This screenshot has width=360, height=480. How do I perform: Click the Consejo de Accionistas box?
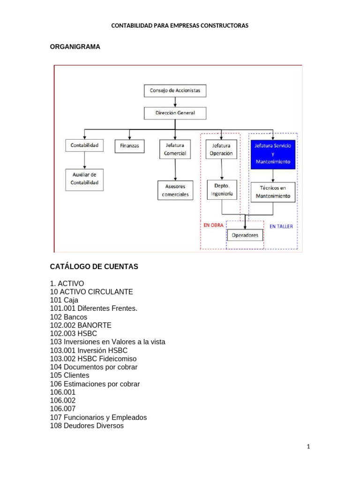coord(174,90)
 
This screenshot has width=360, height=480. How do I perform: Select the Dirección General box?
coord(174,113)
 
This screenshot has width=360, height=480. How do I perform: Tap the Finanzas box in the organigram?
coord(129,146)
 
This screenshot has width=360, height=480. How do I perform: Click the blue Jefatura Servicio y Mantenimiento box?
coord(273,154)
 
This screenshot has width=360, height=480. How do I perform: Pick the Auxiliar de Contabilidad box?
coord(84,179)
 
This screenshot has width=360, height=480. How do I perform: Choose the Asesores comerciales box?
coord(175,190)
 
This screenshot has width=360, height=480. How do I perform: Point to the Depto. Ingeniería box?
coord(222,189)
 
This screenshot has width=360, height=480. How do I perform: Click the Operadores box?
coord(245,235)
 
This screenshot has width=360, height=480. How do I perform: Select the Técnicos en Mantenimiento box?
coord(273,192)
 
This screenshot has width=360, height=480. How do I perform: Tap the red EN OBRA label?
coord(213,225)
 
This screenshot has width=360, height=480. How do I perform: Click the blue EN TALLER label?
coord(281,226)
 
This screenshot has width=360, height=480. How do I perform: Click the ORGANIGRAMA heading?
coord(75,47)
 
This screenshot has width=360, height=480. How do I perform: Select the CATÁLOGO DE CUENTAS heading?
coord(94,267)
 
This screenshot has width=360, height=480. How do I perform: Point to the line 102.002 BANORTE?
coord(81,325)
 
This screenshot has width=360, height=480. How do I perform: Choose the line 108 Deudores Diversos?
coord(87,426)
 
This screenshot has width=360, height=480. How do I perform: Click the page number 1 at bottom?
coord(308,447)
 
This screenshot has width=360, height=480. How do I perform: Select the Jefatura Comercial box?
coord(175,150)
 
